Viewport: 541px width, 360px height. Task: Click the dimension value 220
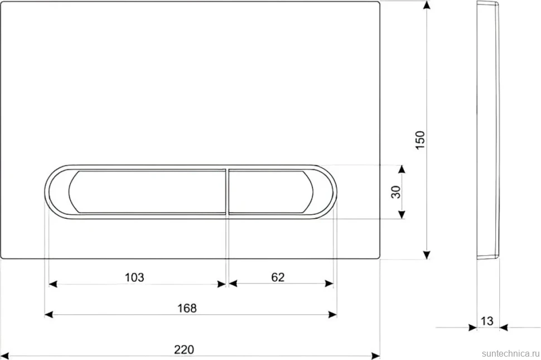pyautogui.click(x=184, y=349)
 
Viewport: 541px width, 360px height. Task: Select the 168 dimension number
pyautogui.click(x=187, y=308)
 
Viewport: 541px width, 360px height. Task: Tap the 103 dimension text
pyautogui.click(x=134, y=277)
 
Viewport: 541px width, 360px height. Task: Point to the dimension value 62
pyautogui.click(x=278, y=277)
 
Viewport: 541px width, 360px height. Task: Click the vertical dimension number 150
pyautogui.click(x=420, y=140)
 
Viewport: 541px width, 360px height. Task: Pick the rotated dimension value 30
pyautogui.click(x=396, y=192)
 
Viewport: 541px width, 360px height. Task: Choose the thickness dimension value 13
pyautogui.click(x=487, y=321)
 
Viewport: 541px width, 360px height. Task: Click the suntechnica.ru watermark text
pyautogui.click(x=510, y=353)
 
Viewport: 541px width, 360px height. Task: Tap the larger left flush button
pyautogui.click(x=147, y=191)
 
